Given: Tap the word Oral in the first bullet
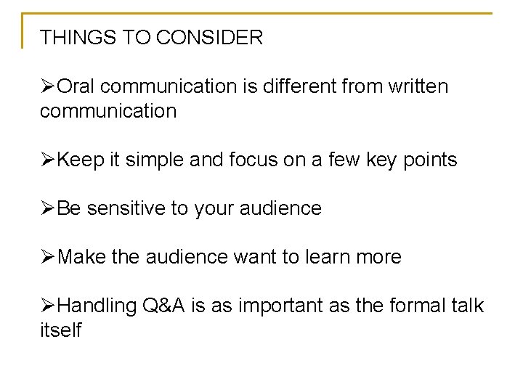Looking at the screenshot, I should (75, 87).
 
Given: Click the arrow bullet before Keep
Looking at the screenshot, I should (47, 160).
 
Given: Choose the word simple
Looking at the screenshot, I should (150, 160).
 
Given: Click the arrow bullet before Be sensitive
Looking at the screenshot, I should (47, 209).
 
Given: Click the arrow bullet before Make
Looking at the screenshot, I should (47, 258).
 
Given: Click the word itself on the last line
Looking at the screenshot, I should (61, 331).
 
